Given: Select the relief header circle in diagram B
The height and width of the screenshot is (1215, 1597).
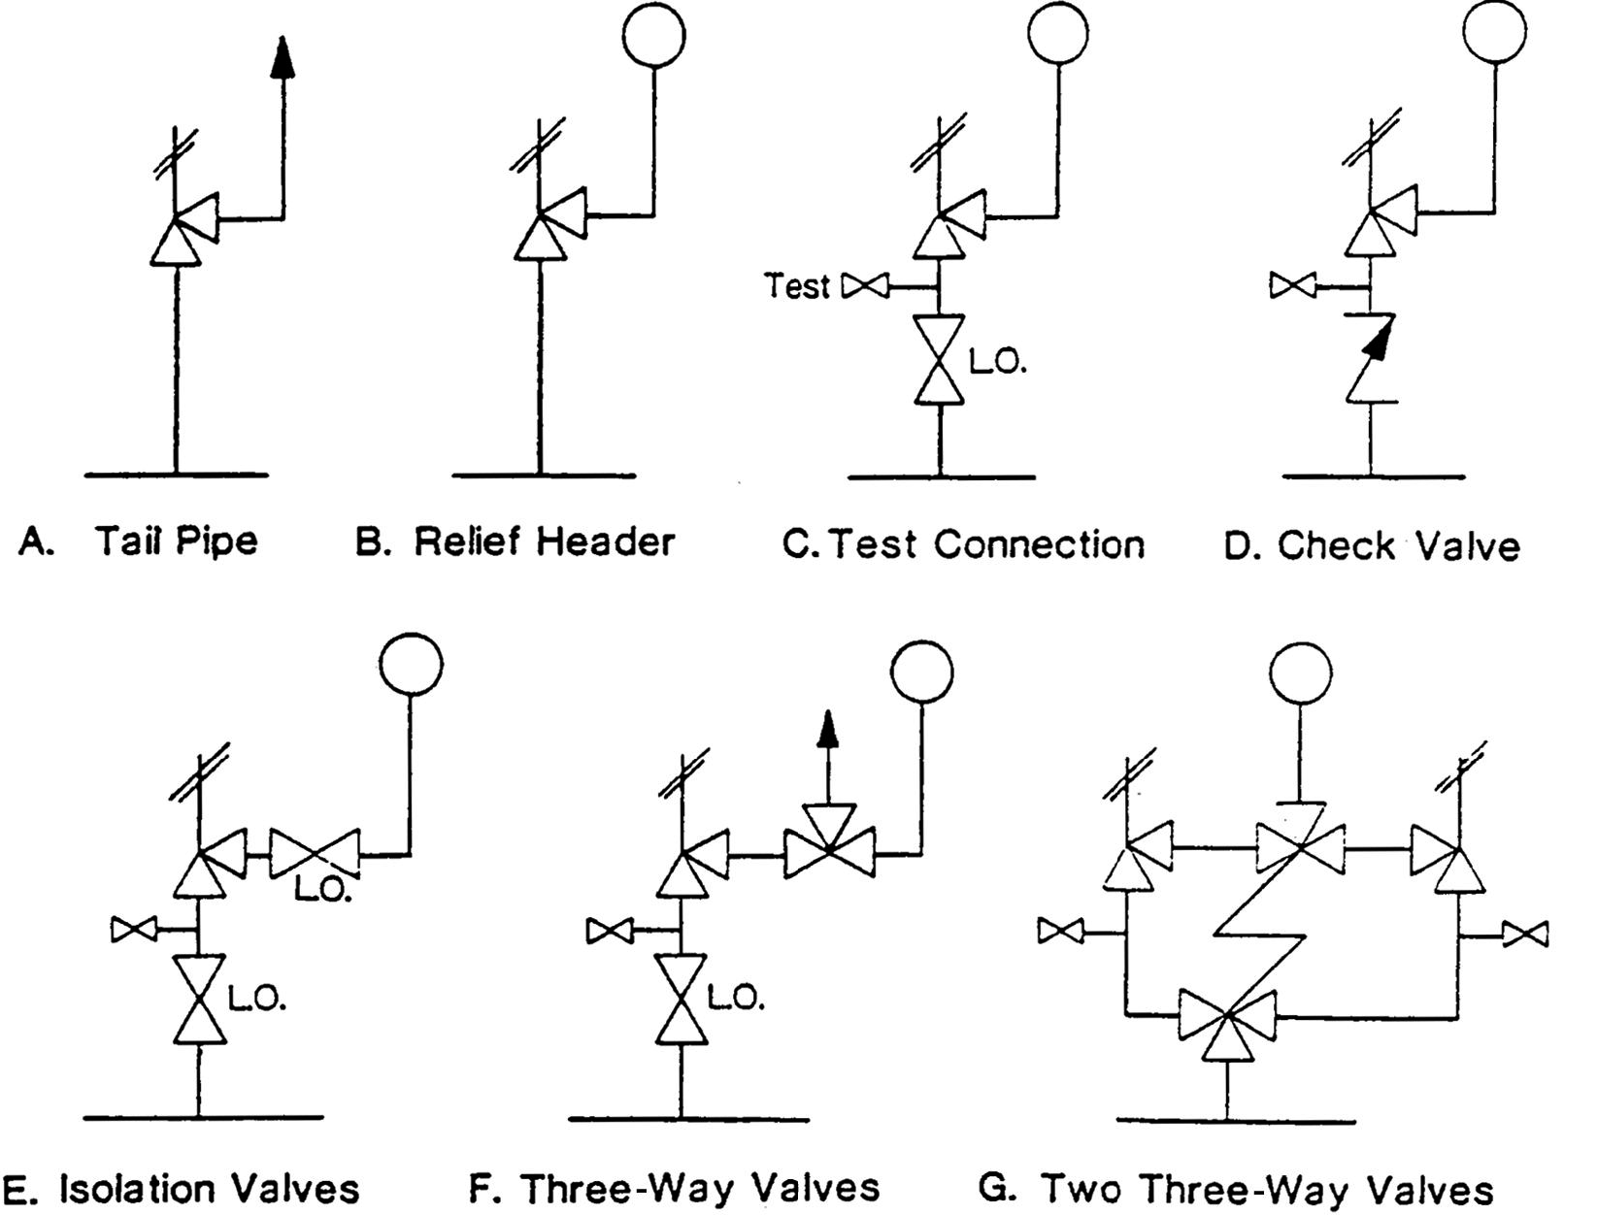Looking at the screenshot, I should tap(654, 35).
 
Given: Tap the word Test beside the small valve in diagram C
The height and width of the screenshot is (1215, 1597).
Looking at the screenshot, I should tap(796, 286).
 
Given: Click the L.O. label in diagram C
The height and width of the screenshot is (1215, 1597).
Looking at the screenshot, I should tap(997, 362).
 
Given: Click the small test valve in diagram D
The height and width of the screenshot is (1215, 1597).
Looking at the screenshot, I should tap(1293, 285).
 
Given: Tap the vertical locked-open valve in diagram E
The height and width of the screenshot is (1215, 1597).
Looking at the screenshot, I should tap(199, 1000).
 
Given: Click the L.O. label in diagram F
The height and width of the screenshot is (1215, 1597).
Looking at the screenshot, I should tap(735, 999).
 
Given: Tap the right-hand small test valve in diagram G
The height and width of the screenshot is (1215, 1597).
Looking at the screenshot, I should tap(1525, 935).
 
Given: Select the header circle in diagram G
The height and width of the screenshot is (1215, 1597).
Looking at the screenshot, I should tap(1300, 672).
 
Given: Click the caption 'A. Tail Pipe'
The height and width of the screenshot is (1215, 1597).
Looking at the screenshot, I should tap(139, 542).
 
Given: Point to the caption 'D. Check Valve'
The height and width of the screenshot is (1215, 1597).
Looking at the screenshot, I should tap(1371, 546).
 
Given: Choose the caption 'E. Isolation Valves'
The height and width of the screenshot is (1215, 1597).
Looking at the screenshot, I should tap(181, 1189).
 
